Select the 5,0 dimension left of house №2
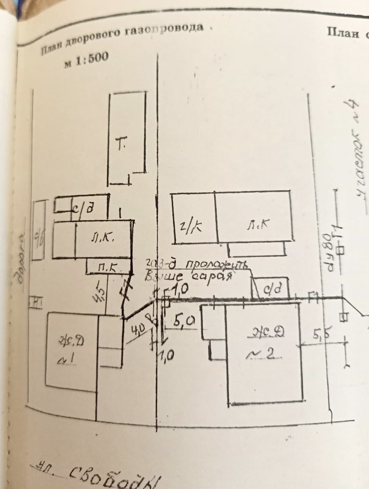click(184, 320)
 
